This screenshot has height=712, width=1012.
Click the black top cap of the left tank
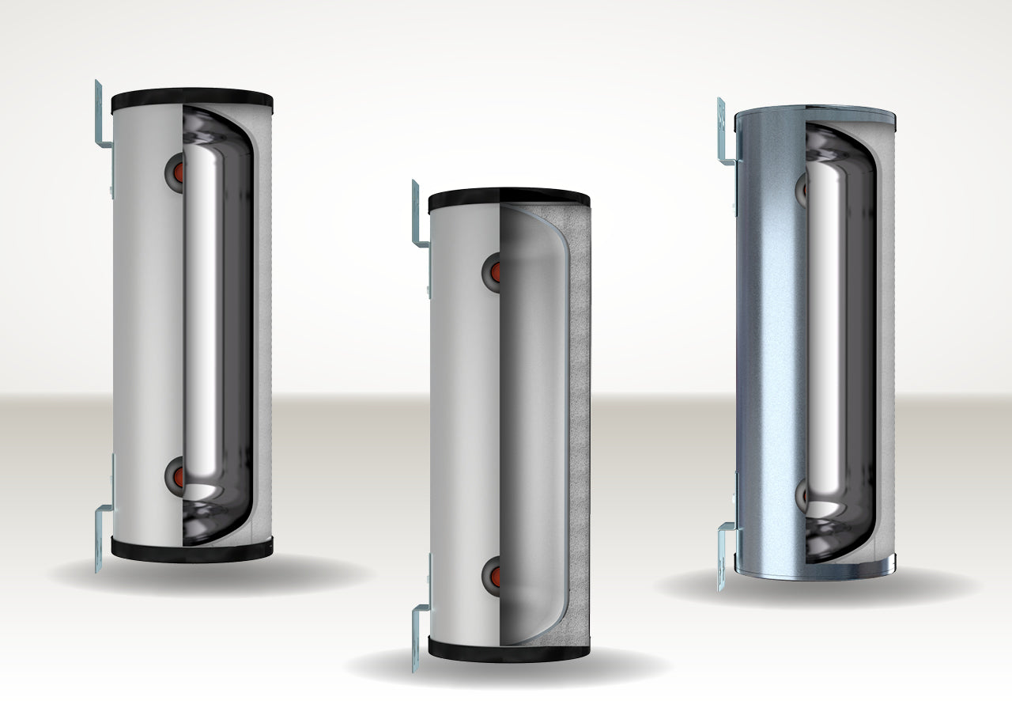coord(191,101)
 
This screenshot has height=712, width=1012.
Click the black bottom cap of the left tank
coord(191,550)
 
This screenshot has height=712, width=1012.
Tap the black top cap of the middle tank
coord(508,200)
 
